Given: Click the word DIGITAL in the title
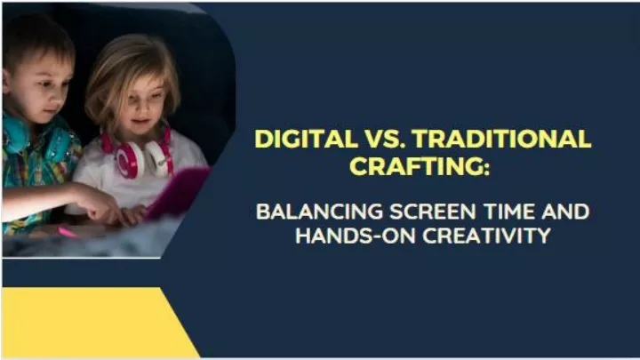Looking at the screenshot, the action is (x=306, y=139).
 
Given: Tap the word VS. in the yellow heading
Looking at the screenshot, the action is (x=385, y=139).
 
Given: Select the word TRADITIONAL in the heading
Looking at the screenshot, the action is (x=502, y=139).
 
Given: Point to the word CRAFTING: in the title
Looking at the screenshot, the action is (x=420, y=165).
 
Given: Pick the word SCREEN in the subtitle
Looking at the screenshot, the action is (x=433, y=212).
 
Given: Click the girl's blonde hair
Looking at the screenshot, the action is (x=131, y=77).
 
